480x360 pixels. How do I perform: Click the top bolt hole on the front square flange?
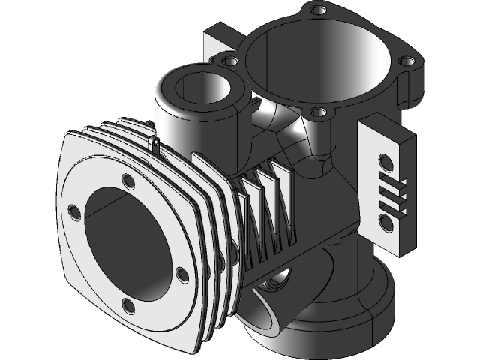[x=126, y=182]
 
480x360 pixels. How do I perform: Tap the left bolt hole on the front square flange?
[x=73, y=209]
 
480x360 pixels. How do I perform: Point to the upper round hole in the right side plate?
[x=385, y=160]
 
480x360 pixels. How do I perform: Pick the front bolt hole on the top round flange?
[x=319, y=112]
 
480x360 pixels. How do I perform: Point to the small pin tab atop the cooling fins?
[x=154, y=142]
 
